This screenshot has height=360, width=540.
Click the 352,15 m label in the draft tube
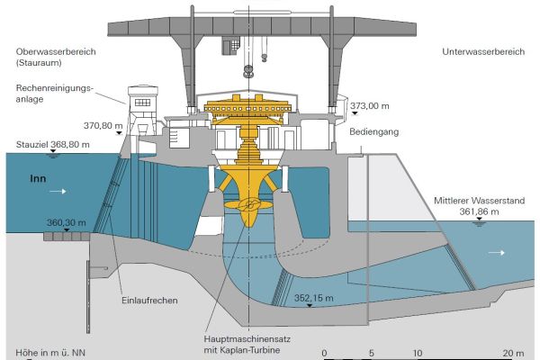(x=313, y=298)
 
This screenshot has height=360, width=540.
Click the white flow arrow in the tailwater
(x=495, y=254)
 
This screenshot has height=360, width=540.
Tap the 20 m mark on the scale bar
(x=513, y=351)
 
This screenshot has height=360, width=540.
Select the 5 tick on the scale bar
(x=371, y=351)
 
